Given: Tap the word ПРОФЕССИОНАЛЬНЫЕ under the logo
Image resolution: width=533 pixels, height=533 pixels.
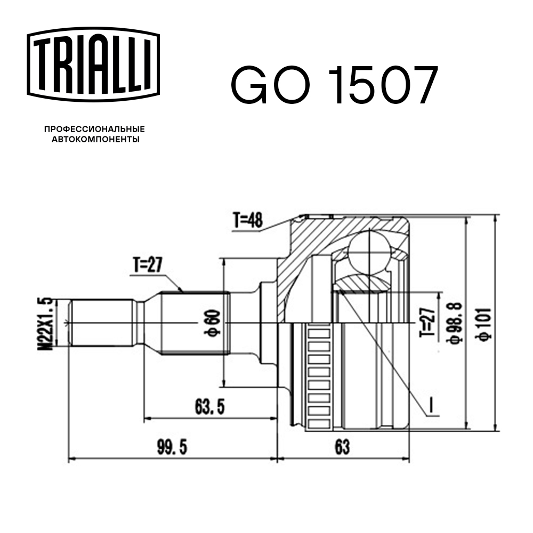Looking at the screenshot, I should pyautogui.click(x=94, y=129).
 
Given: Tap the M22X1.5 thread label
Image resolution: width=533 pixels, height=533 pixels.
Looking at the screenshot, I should pyautogui.click(x=49, y=323).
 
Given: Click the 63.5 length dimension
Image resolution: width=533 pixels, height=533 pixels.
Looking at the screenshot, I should pyautogui.click(x=208, y=408).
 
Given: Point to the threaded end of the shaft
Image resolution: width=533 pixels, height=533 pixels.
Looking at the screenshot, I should pyautogui.click(x=101, y=323).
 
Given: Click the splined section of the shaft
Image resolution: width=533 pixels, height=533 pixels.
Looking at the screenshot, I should pyautogui.click(x=195, y=323).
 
